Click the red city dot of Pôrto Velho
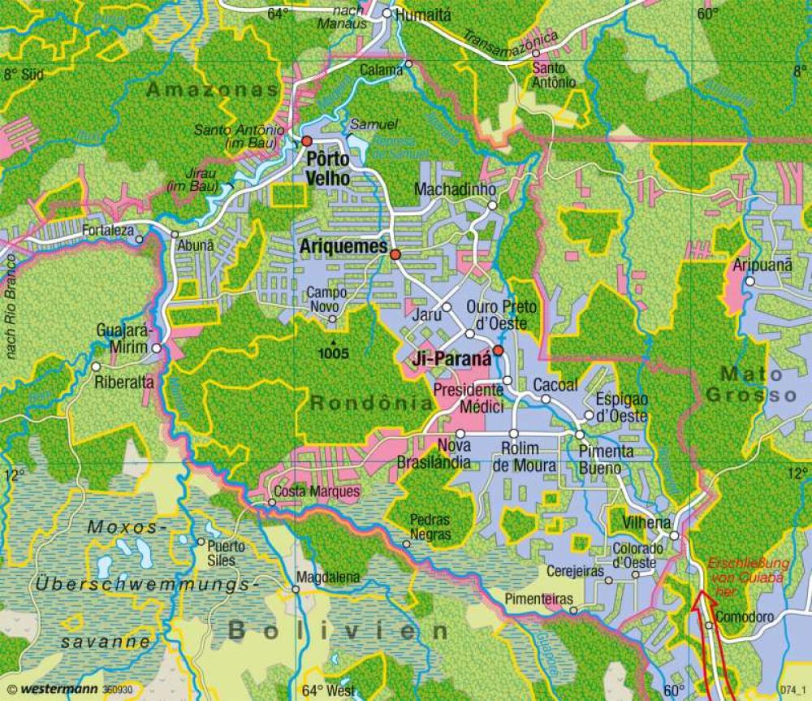(307, 141)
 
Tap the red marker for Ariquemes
(395, 254)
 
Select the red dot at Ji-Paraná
(499, 350)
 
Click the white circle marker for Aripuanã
(751, 282)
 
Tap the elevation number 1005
(334, 353)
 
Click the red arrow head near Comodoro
(701, 602)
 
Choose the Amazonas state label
(213, 90)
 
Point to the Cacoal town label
(555, 384)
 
